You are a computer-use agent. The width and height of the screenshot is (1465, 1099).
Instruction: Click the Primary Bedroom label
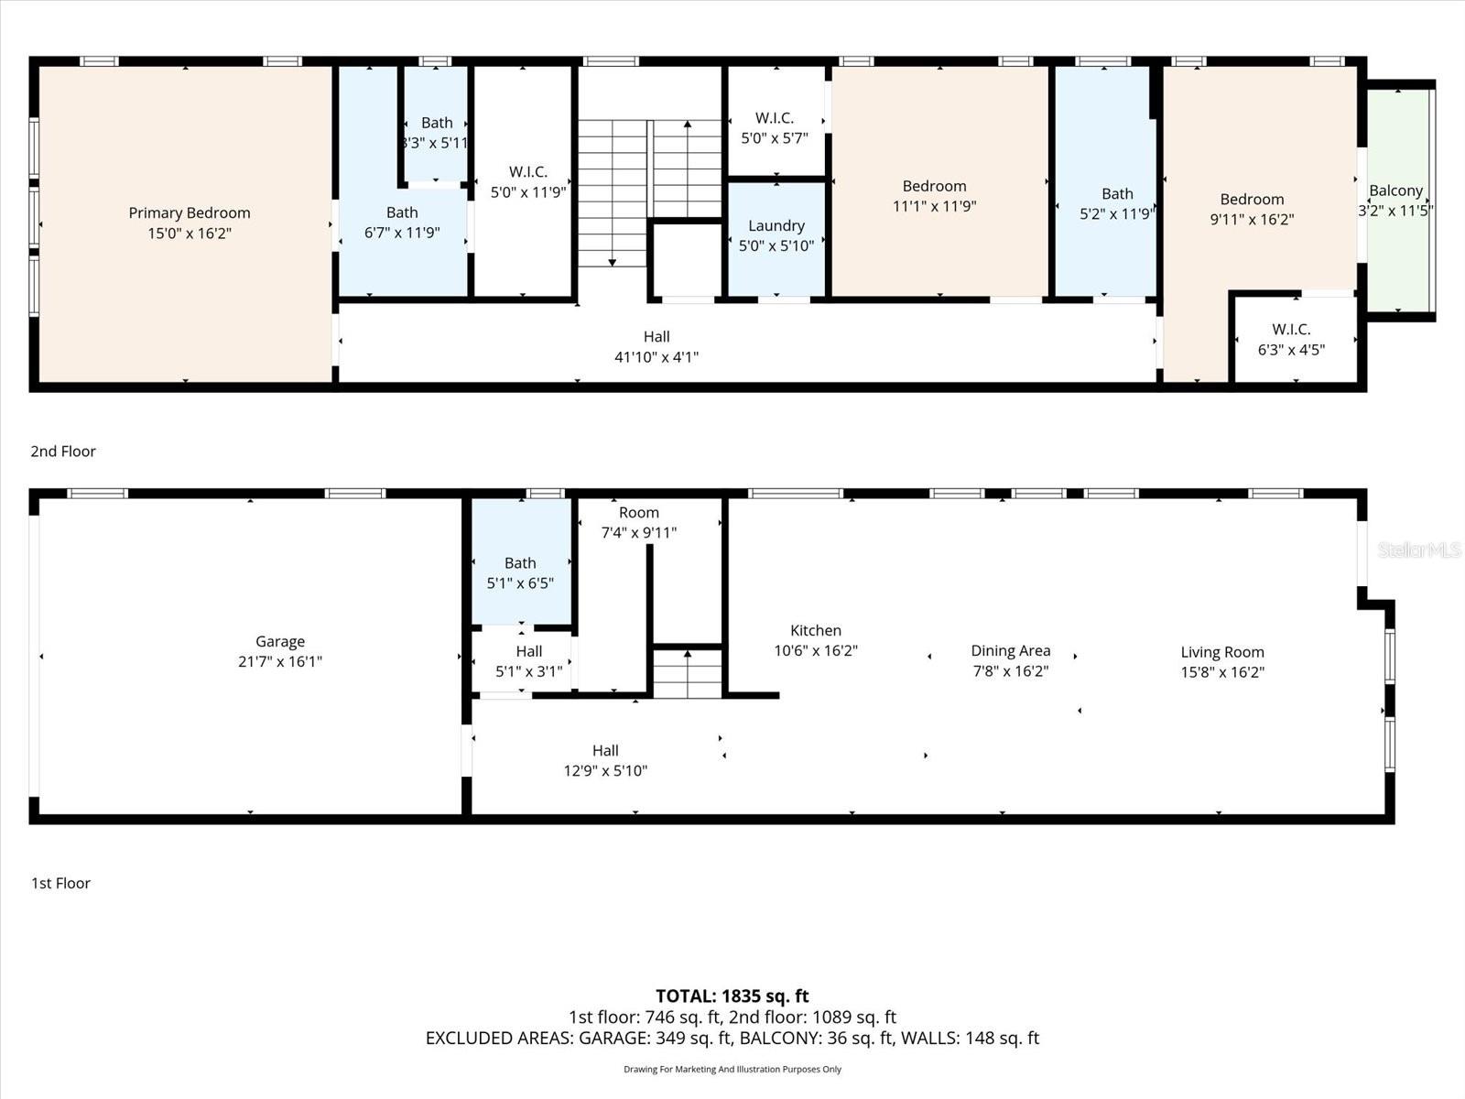[190, 213]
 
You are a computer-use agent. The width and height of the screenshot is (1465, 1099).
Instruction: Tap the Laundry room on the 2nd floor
[776, 235]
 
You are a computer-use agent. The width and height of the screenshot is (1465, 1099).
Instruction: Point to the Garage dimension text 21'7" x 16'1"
[280, 662]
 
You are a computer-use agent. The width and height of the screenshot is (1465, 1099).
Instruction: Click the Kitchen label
[816, 631]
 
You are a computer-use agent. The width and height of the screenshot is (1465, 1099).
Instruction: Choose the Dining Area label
[1011, 651]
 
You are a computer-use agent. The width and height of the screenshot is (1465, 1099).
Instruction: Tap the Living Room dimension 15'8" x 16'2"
[1222, 672]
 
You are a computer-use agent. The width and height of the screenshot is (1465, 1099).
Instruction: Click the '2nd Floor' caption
[63, 452]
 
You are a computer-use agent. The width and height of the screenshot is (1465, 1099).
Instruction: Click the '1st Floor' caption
[61, 884]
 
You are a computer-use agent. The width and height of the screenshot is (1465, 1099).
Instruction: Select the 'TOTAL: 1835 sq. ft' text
[732, 996]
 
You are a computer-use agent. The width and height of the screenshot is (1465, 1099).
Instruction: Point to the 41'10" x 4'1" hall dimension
[657, 357]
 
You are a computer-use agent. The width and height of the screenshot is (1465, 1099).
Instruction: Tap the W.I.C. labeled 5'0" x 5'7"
[775, 128]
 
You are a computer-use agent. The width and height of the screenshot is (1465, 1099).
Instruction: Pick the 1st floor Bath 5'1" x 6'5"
[520, 573]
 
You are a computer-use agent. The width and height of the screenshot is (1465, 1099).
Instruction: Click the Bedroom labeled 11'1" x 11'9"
[934, 196]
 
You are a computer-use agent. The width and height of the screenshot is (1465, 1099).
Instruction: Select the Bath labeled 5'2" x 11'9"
[1116, 203]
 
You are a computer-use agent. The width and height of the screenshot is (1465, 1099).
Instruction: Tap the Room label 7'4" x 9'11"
[638, 522]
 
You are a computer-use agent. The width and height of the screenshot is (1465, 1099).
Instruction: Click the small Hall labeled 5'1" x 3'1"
[528, 661]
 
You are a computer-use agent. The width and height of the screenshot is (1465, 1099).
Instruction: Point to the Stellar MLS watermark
[1419, 549]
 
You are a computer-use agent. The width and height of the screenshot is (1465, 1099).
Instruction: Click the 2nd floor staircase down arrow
[613, 261]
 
